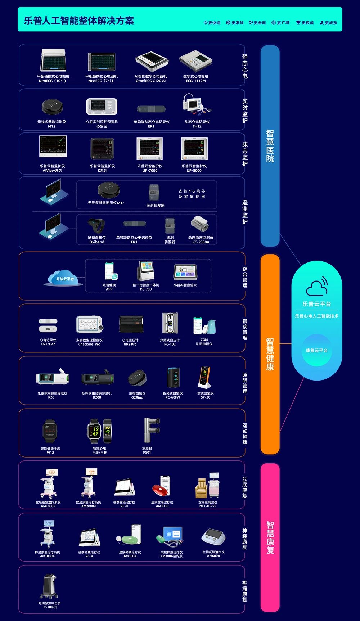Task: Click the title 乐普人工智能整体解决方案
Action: pyautogui.click(x=79, y=21)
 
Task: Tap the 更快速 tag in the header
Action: pyautogui.click(x=212, y=23)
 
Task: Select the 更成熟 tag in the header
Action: pyautogui.click(x=329, y=23)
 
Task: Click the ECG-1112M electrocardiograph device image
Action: pyautogui.click(x=195, y=62)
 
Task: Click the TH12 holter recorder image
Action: pyautogui.click(x=197, y=105)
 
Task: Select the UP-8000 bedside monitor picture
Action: pyautogui.click(x=194, y=148)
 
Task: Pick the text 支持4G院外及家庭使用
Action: pyautogui.click(x=192, y=194)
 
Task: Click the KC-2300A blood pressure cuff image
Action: pyautogui.click(x=200, y=225)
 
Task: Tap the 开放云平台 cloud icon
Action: pyautogui.click(x=64, y=278)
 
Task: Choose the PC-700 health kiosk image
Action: pyautogui.click(x=146, y=271)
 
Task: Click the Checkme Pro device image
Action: pyautogui.click(x=90, y=325)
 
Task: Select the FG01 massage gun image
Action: pyautogui.click(x=150, y=430)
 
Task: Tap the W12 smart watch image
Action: pyautogui.click(x=50, y=431)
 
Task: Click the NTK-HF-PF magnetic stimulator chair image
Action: pyautogui.click(x=207, y=486)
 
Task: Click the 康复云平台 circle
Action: pyautogui.click(x=316, y=350)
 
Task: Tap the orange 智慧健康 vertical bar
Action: pyautogui.click(x=270, y=354)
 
